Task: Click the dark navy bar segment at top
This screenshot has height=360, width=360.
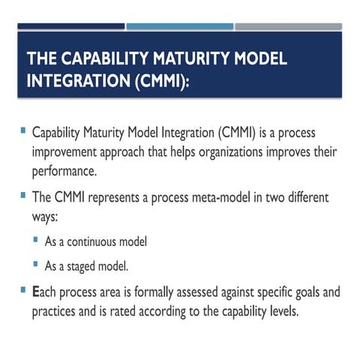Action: (x=70, y=26)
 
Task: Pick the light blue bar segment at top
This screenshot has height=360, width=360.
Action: (x=179, y=26)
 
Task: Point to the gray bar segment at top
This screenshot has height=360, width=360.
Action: (x=288, y=26)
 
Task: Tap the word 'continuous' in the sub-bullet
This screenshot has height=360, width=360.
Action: (x=94, y=241)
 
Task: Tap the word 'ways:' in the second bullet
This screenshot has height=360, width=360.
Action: (x=47, y=217)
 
